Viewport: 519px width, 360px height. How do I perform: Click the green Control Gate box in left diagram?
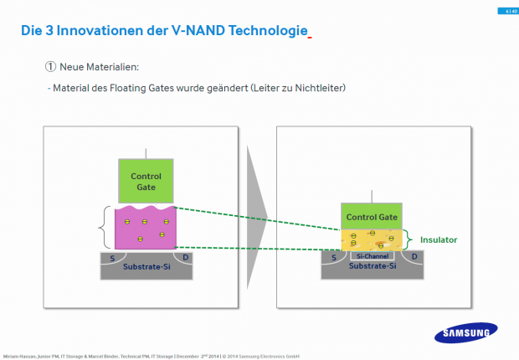146,182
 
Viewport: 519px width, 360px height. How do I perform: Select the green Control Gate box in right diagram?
371,217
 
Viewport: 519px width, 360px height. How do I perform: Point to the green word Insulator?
439,239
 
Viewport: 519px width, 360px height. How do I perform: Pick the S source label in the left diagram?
112,258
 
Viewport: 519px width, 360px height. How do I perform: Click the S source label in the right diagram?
334,257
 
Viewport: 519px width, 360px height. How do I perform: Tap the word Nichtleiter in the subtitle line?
321,88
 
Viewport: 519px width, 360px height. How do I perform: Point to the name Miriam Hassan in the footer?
20,355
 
